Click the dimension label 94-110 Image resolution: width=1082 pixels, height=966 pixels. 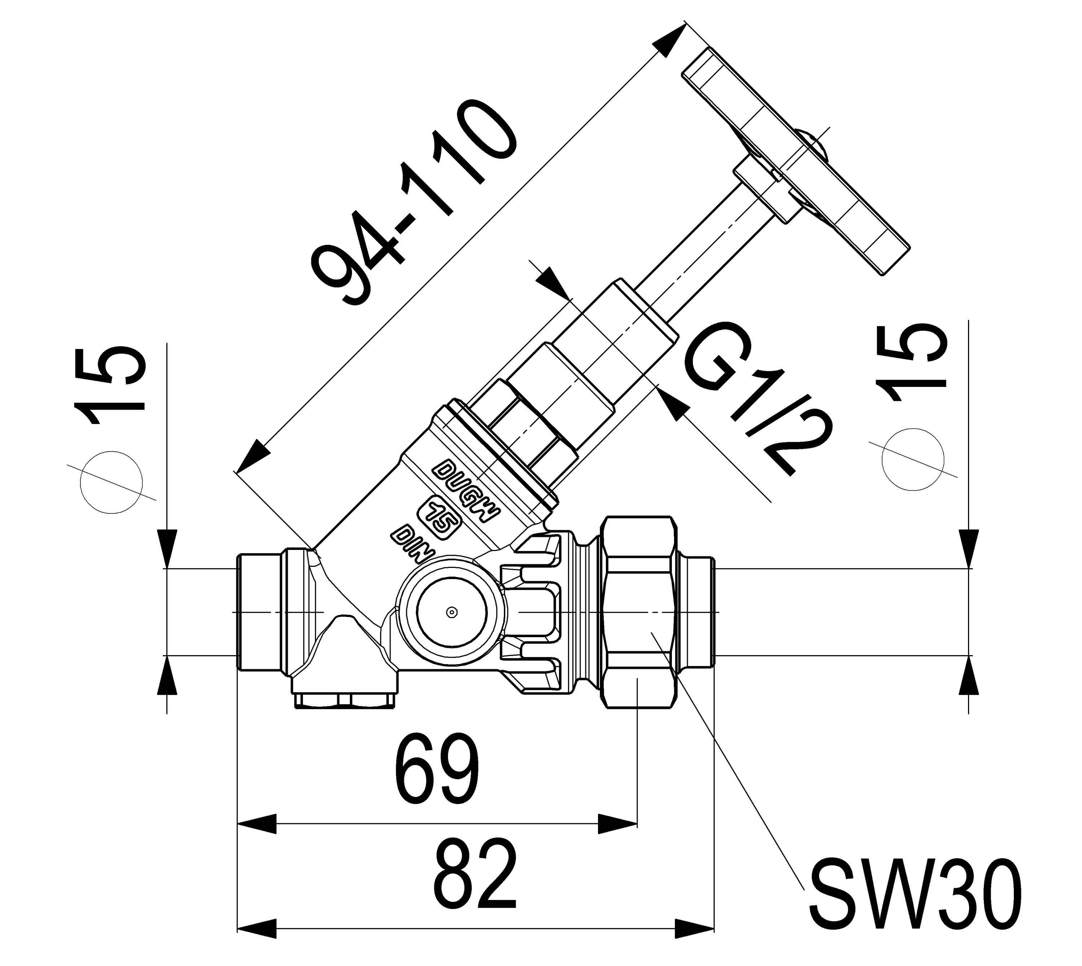[414, 207]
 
